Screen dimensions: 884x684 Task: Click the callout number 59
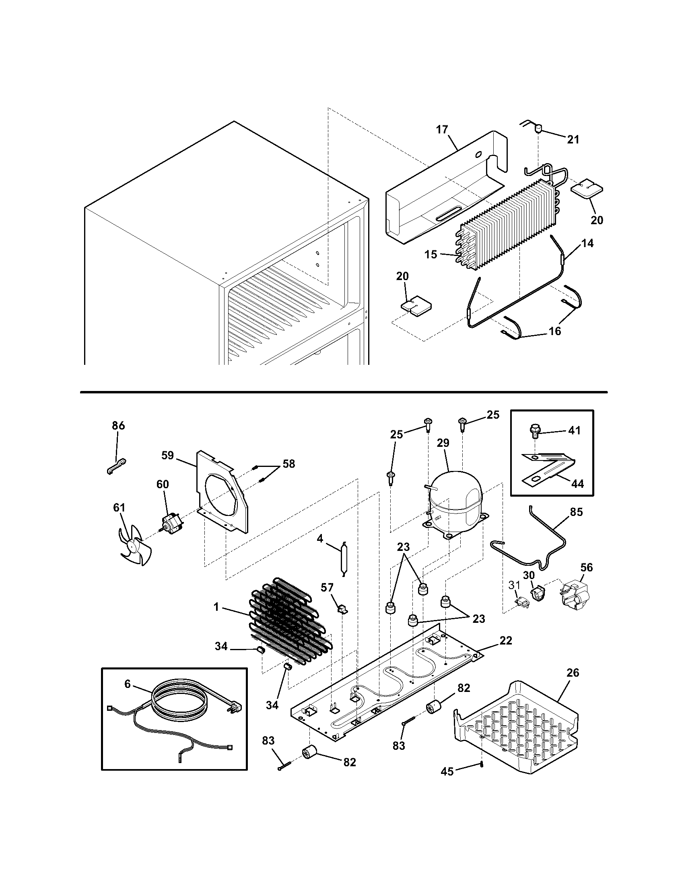[x=167, y=455]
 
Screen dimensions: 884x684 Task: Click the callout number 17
[x=442, y=129]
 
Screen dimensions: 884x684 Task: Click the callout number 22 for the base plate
[x=506, y=640]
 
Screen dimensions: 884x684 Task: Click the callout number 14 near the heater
[x=587, y=243]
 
